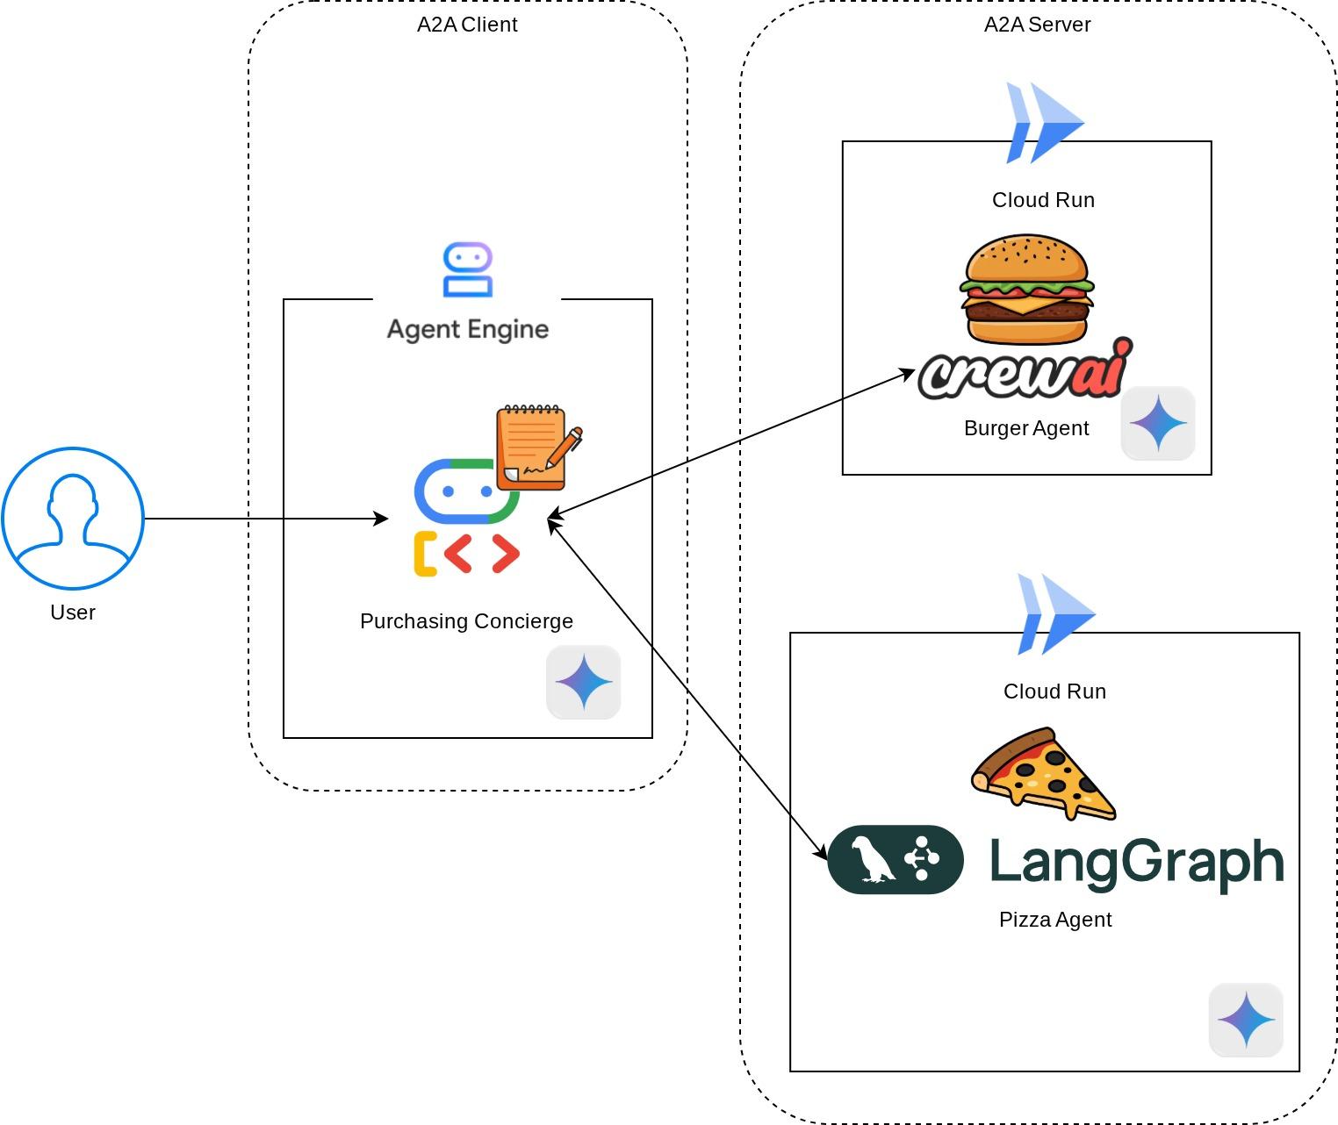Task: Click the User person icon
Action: pos(73,518)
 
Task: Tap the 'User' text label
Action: pos(73,613)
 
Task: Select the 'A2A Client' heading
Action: pos(467,25)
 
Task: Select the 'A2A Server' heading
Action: pos(1037,25)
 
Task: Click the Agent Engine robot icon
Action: pos(467,270)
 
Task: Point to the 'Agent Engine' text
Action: pos(468,329)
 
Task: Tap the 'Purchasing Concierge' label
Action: pos(466,621)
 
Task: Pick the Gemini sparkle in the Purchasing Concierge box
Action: pos(584,683)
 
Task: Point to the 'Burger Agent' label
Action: pos(1026,428)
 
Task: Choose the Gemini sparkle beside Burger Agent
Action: pos(1158,423)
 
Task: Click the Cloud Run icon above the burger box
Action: pos(1045,123)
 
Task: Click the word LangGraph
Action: pos(1137,862)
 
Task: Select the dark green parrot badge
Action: pos(896,859)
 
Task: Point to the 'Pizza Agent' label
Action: pos(1055,920)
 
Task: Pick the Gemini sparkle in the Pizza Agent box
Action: pos(1246,1020)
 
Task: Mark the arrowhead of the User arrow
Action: pos(383,519)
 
